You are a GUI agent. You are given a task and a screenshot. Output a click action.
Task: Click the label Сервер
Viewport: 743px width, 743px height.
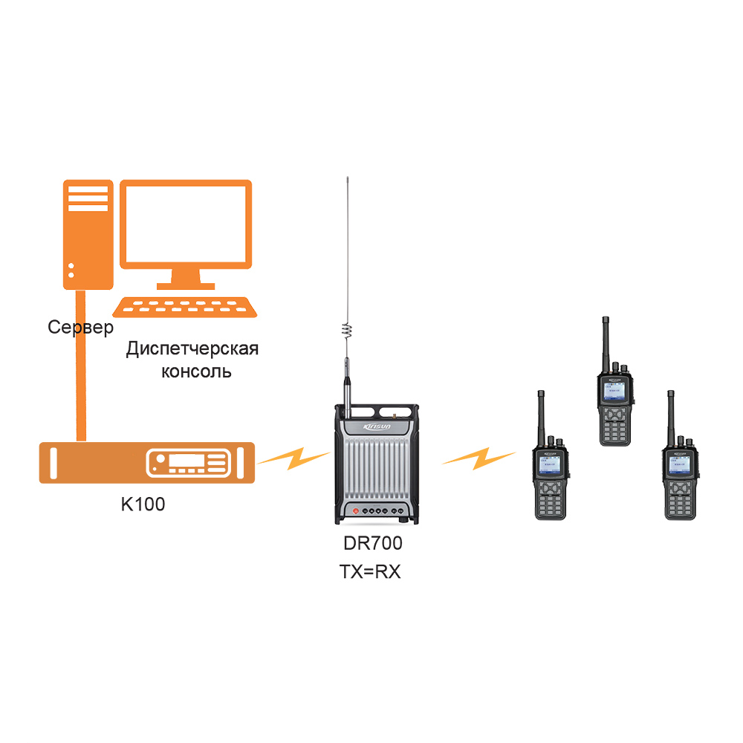click(81, 327)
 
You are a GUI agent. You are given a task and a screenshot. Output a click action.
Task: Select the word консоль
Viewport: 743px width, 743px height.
click(196, 371)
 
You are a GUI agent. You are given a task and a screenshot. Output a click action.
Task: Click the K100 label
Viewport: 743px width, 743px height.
click(143, 504)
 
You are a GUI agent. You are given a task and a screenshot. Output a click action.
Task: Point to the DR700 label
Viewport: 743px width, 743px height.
click(373, 543)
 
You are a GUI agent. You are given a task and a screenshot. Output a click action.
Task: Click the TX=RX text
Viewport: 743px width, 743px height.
click(370, 571)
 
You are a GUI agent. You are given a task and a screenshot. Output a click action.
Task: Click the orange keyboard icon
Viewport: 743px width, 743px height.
click(185, 308)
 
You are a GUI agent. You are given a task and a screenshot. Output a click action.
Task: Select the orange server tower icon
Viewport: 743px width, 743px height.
click(88, 233)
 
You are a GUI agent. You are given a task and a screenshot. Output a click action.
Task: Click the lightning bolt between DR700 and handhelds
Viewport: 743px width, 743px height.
click(478, 455)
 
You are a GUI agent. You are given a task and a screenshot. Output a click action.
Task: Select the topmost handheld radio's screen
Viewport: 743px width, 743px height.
click(616, 391)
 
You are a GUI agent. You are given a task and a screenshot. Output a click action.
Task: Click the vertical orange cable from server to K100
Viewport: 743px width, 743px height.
click(82, 364)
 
